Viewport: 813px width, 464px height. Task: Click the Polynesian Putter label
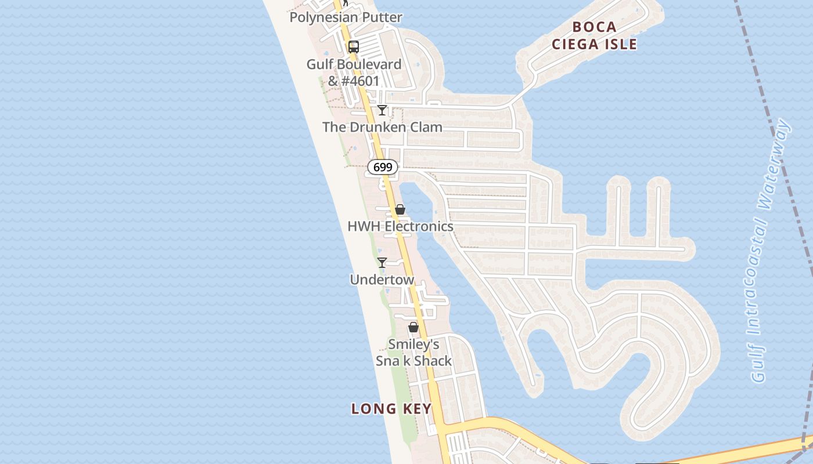tap(346, 17)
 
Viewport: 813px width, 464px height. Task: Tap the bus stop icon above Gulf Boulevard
tap(353, 47)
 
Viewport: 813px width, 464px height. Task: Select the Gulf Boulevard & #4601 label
tap(354, 72)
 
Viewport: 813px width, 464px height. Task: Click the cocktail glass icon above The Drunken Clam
tap(382, 110)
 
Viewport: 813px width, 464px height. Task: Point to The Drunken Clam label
tap(382, 127)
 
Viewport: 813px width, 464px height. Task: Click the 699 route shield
tap(383, 167)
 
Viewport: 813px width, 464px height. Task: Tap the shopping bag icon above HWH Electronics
tap(400, 209)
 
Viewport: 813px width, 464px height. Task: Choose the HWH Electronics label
tap(400, 226)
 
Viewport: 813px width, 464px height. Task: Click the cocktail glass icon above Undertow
tap(382, 263)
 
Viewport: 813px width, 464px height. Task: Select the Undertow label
tap(382, 280)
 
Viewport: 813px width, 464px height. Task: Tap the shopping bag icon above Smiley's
tap(413, 328)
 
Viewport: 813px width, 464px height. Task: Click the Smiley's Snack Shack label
tap(413, 353)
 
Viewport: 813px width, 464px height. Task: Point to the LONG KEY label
tap(391, 409)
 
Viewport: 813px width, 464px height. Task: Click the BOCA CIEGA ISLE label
tap(594, 35)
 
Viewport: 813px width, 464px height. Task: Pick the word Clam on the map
tap(426, 127)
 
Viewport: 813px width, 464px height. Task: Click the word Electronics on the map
tap(419, 226)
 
